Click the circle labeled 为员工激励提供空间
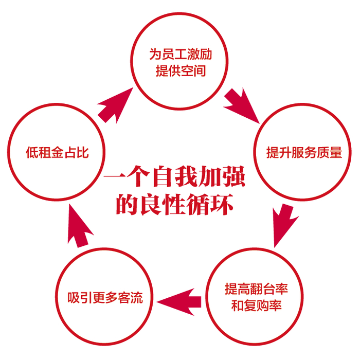180,62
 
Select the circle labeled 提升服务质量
304,153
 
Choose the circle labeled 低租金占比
57,153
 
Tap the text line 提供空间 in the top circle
181,70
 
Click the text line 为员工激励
181,54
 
